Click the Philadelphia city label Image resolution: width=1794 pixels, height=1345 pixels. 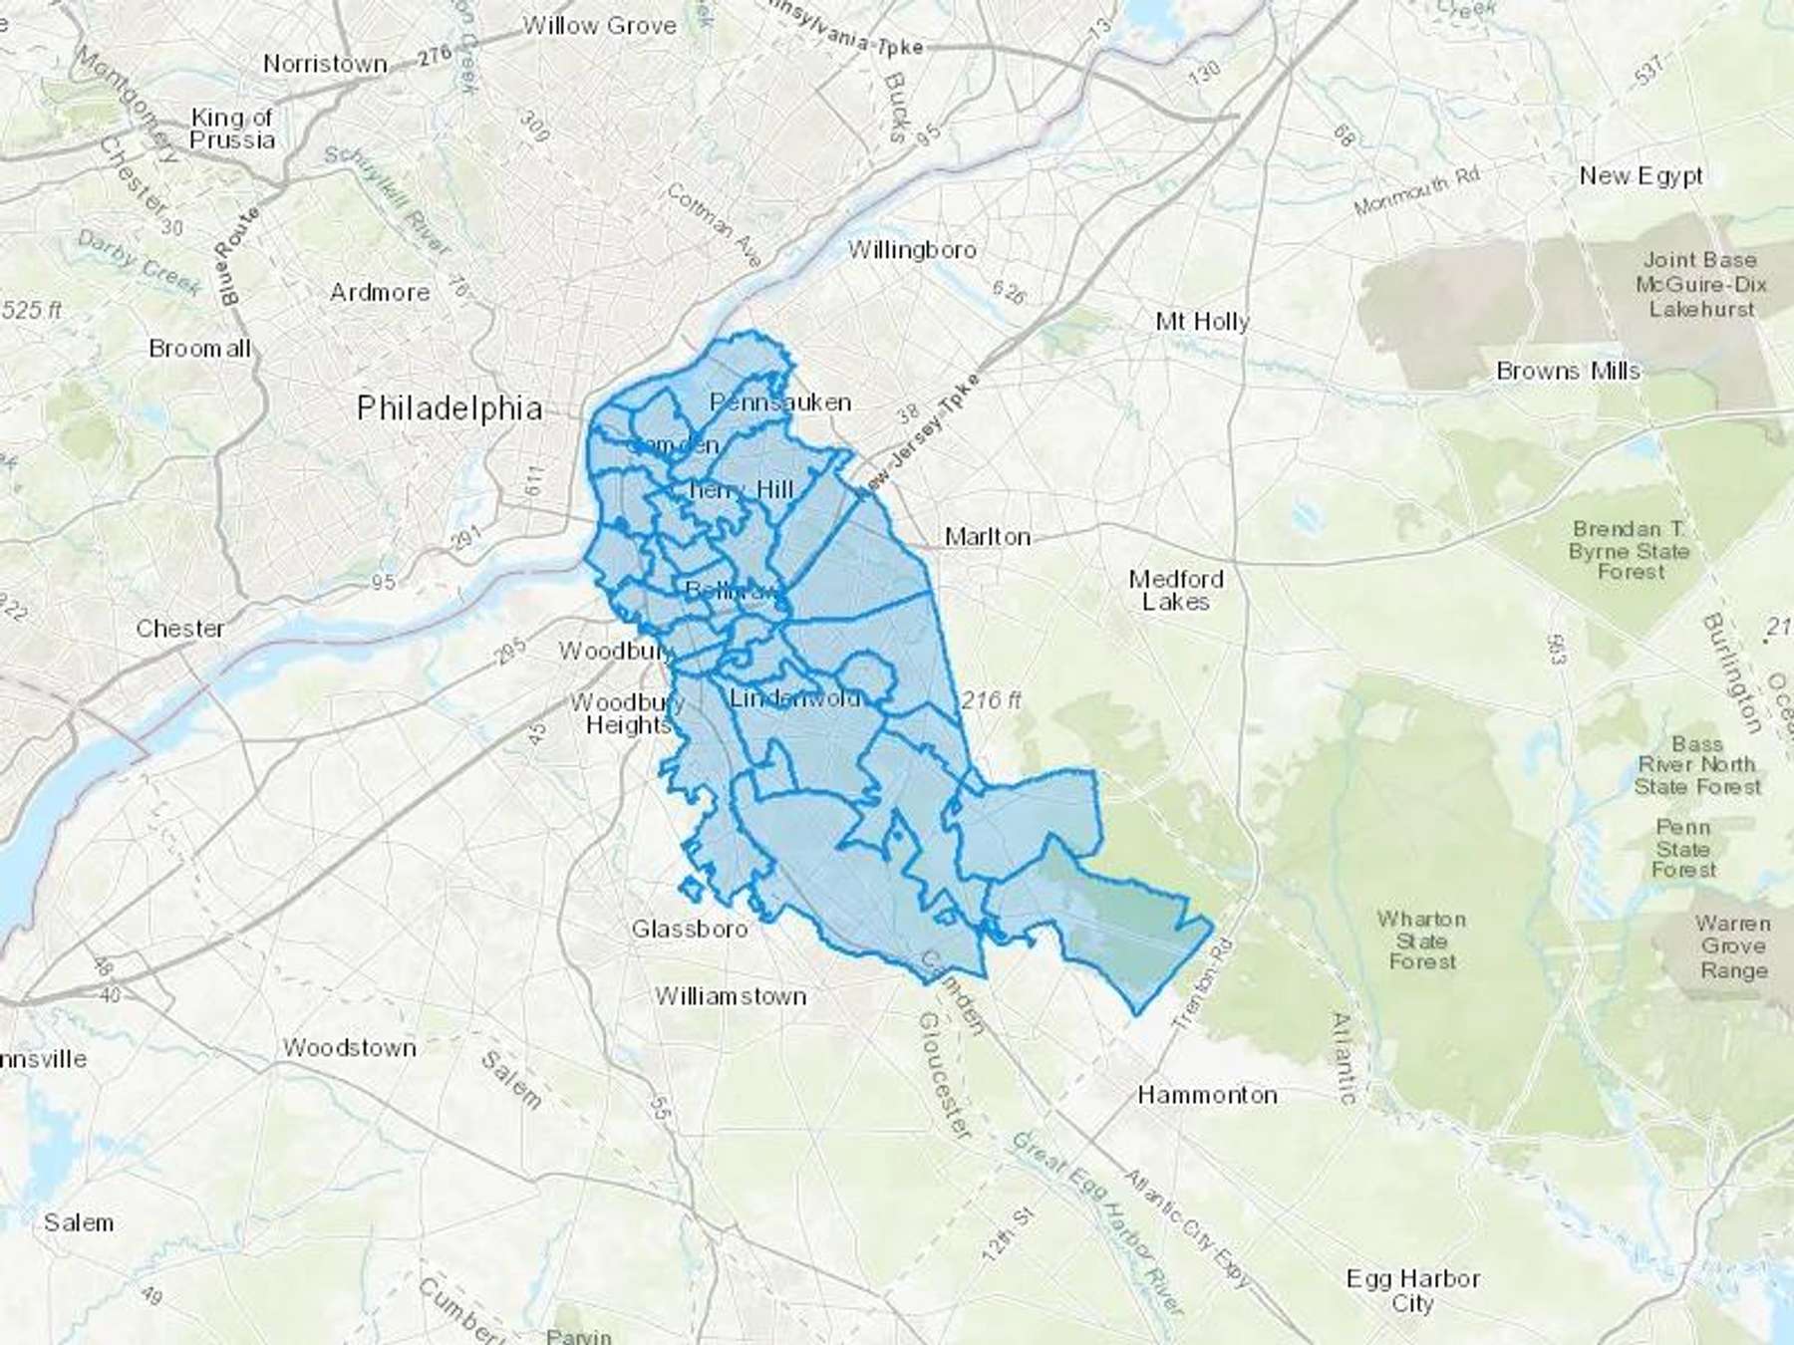(x=449, y=408)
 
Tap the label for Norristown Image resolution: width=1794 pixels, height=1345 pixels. (x=325, y=64)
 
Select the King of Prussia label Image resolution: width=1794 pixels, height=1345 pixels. (x=231, y=129)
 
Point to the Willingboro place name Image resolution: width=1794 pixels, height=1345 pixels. (x=912, y=250)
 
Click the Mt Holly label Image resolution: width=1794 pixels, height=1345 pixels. (x=1202, y=322)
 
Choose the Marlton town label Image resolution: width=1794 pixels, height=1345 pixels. (x=987, y=537)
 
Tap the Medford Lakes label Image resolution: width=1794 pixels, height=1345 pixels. (x=1176, y=590)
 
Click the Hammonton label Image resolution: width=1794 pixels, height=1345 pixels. (x=1207, y=1095)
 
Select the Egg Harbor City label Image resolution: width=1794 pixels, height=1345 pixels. (x=1412, y=1290)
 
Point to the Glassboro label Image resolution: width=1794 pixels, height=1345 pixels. (x=689, y=929)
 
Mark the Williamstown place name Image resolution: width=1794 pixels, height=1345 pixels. (x=731, y=996)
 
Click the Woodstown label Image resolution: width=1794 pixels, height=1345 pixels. (x=349, y=1048)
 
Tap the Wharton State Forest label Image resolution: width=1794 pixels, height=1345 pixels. (x=1422, y=940)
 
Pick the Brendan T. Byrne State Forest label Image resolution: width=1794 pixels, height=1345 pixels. (x=1630, y=550)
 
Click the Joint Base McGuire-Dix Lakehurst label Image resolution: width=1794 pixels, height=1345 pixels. (x=1700, y=284)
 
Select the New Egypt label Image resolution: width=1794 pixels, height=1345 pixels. (x=1641, y=176)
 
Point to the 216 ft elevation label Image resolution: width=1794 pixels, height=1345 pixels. (x=991, y=700)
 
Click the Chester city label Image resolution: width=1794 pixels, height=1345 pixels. (x=180, y=629)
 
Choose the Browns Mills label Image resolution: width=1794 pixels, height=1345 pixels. (x=1568, y=372)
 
